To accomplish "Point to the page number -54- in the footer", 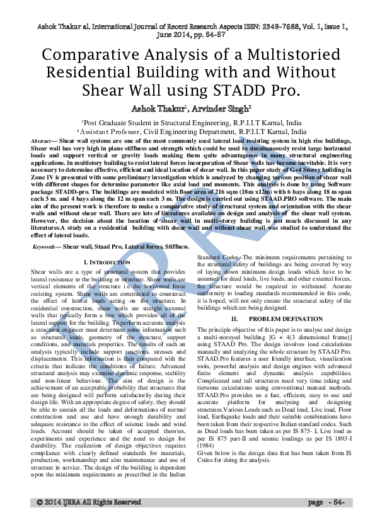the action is pyautogui.click(x=335, y=502).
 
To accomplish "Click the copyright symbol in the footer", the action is pyautogui.click(x=40, y=502).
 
